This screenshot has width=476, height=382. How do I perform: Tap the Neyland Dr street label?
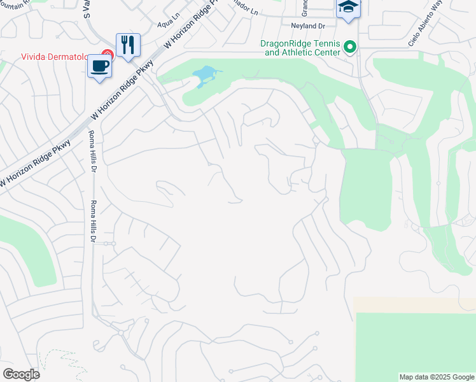point(308,26)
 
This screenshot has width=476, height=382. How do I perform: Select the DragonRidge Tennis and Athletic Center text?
point(300,48)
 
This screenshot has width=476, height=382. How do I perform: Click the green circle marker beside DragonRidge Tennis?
point(349,48)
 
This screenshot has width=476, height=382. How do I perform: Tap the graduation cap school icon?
point(348,8)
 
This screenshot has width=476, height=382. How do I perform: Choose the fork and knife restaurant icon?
point(128,45)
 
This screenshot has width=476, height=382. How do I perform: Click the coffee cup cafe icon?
point(100,66)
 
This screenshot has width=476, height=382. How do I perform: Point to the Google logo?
point(21,374)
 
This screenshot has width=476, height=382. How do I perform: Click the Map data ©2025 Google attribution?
point(436,377)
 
